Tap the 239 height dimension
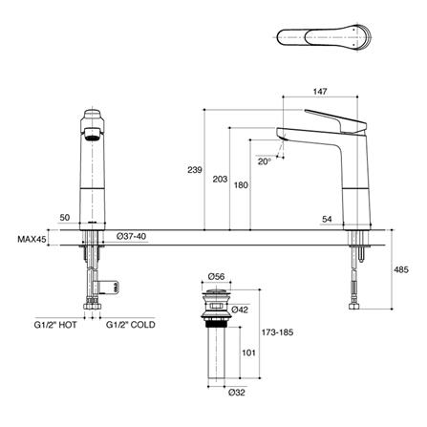click(x=194, y=170)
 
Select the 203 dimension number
click(x=218, y=179)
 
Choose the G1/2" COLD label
click(x=129, y=325)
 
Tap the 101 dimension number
click(x=246, y=351)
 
